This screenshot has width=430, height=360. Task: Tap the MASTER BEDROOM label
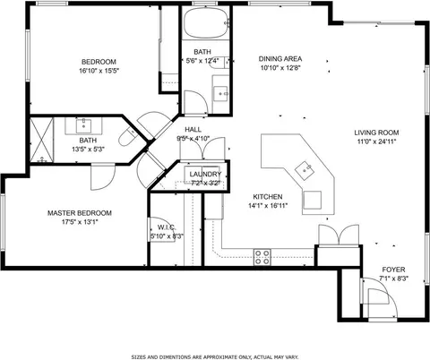click(x=80, y=213)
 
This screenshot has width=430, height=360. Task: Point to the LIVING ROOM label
click(x=376, y=133)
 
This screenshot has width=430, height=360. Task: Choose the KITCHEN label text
click(x=267, y=196)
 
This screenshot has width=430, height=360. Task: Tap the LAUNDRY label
click(x=205, y=175)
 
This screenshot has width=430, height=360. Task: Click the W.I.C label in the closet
click(x=165, y=227)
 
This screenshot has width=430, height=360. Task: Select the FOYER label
click(x=393, y=270)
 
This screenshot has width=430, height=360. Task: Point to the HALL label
click(x=193, y=130)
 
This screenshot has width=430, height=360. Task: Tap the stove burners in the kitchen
click(x=262, y=257)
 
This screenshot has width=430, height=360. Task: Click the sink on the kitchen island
click(x=305, y=167)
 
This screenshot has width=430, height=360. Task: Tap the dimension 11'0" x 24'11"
click(x=376, y=141)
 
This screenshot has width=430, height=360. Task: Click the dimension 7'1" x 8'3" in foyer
click(x=393, y=279)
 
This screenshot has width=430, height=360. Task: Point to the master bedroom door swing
click(x=100, y=176)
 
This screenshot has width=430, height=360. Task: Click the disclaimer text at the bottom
click(x=214, y=356)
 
